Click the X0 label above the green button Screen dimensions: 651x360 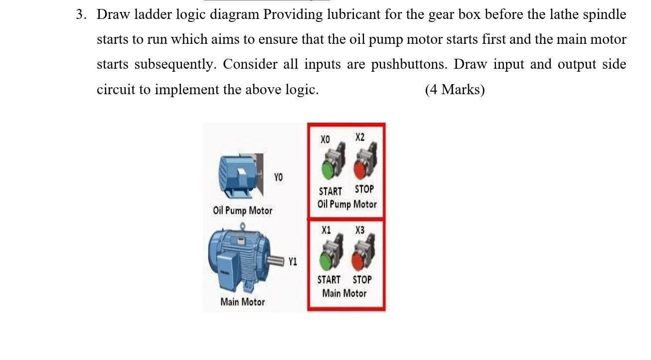(325, 140)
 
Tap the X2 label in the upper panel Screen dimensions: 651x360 (360, 137)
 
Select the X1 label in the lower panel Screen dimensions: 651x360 (326, 230)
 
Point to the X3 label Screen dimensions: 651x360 (360, 230)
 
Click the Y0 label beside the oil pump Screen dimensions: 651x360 (278, 177)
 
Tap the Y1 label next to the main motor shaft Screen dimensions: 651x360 (293, 262)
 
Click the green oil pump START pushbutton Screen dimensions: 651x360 (328, 170)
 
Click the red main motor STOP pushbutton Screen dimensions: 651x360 (358, 261)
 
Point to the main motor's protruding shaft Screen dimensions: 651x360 (276, 261)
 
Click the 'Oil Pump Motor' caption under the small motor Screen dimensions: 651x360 (242, 210)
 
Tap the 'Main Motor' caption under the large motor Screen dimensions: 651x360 (242, 302)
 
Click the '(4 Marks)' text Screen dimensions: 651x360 (455, 90)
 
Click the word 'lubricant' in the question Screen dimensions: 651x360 (353, 14)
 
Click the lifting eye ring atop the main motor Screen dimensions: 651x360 (242, 226)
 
